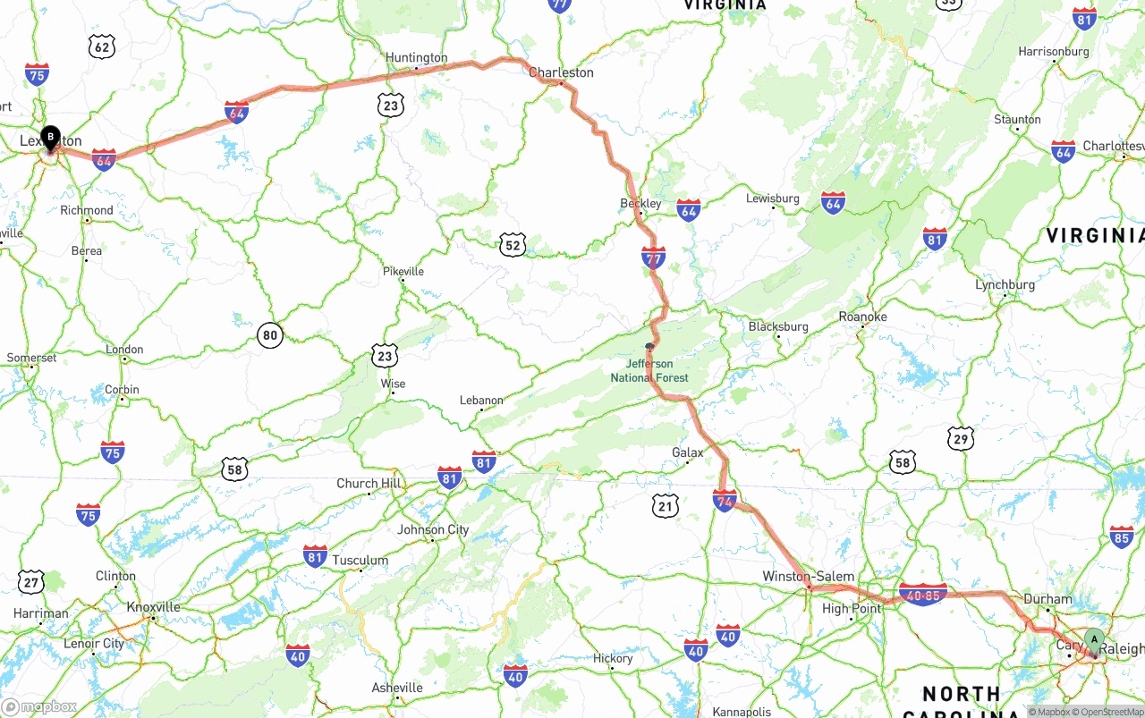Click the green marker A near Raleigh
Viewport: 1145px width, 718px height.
pos(1093,640)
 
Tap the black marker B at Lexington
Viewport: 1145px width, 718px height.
pos(51,138)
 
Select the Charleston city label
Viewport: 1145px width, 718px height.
pos(561,72)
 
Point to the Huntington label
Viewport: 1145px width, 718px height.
pos(416,58)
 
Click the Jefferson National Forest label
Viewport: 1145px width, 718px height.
pos(649,371)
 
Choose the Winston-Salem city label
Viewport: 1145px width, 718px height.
pos(808,576)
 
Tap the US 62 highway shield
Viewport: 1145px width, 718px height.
pos(102,47)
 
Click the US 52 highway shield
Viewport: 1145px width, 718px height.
pos(512,245)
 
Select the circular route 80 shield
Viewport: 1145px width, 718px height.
pos(270,336)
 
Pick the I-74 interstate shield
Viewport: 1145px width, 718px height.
pos(725,501)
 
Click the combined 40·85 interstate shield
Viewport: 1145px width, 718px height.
pos(923,595)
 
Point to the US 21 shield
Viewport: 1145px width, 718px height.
pos(665,507)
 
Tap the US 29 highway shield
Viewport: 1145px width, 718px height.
pos(961,438)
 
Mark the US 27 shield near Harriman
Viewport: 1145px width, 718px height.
pos(31,583)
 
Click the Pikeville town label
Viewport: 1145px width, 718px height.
pos(403,271)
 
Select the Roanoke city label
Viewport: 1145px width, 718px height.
pos(862,317)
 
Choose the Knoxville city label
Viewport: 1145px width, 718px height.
pos(153,607)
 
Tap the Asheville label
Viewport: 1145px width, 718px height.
pos(397,688)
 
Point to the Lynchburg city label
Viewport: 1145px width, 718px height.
pos(1005,285)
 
